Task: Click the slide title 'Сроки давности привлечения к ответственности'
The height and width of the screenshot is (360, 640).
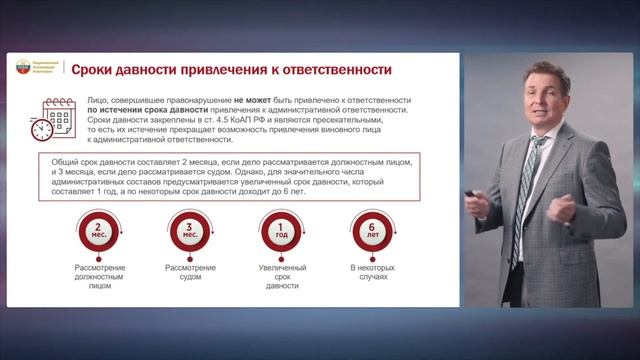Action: coord(231,69)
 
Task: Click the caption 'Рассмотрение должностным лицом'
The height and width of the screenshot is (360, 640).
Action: coord(97,277)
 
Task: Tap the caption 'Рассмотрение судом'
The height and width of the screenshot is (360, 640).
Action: coord(190,273)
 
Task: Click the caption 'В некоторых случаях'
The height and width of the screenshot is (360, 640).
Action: coord(373,273)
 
